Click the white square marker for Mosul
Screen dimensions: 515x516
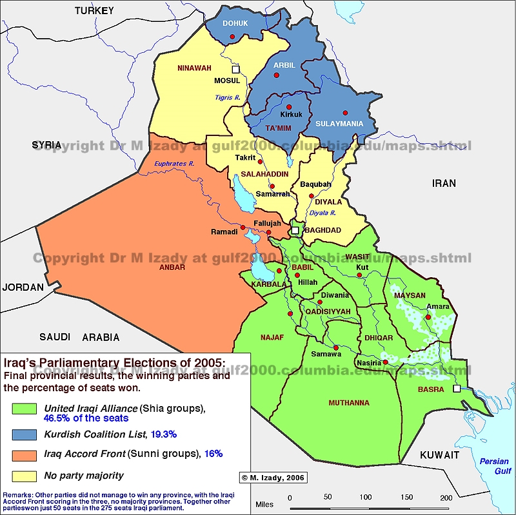[236, 68]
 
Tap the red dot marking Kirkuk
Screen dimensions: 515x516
[289, 107]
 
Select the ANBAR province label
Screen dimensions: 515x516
[172, 267]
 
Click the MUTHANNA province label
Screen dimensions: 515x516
[349, 403]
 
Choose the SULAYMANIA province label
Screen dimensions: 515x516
[340, 124]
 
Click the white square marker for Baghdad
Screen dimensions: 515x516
[295, 229]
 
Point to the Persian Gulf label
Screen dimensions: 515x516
[493, 467]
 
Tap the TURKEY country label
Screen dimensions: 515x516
[94, 10]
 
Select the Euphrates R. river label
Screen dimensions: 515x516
[174, 164]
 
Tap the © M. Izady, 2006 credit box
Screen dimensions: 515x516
[273, 478]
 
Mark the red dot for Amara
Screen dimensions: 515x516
[428, 316]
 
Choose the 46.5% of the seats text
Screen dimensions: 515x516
[86, 418]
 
